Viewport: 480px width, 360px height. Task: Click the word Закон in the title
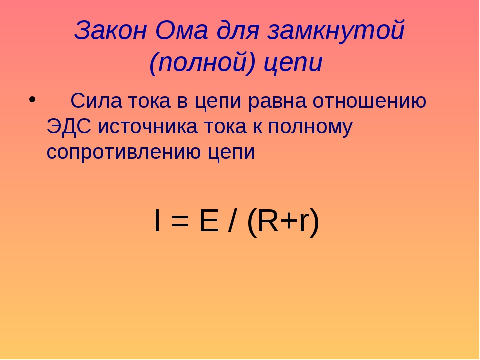click(111, 30)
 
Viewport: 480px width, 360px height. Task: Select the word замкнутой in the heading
click(336, 30)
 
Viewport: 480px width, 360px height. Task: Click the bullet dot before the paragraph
click(32, 100)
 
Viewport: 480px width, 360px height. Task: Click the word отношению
click(369, 100)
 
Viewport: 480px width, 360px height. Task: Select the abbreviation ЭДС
click(69, 126)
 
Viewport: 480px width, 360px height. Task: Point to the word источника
click(147, 126)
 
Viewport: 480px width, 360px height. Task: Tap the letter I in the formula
click(157, 220)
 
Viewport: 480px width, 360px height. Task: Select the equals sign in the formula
click(180, 221)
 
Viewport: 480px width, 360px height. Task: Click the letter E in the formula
click(209, 220)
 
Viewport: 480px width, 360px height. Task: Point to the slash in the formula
click(232, 220)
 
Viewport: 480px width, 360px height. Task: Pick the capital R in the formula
click(268, 220)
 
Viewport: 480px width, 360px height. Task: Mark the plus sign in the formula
click(288, 221)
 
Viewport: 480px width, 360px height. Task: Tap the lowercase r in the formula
click(303, 223)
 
